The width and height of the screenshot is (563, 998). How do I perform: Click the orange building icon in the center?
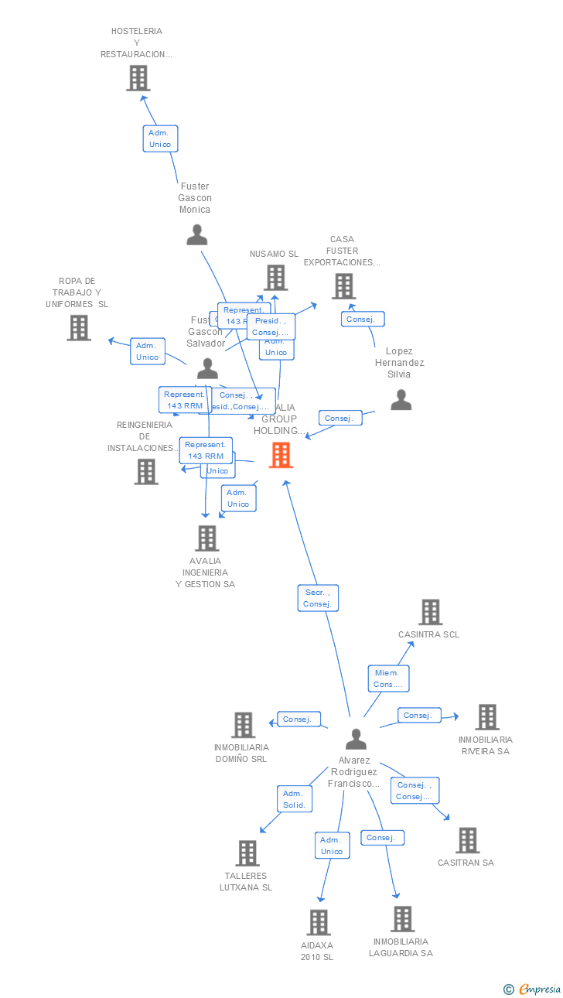coord(281,455)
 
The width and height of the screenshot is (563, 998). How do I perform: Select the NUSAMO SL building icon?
coord(275,278)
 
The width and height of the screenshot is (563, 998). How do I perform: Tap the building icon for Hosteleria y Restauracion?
coord(138,78)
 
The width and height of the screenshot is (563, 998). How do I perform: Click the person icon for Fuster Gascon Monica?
coord(197,234)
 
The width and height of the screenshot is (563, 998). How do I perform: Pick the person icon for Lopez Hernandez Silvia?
coord(401,399)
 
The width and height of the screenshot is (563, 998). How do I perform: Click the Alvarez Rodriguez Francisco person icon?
coord(356,740)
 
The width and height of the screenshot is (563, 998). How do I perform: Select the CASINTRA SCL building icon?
coord(430,612)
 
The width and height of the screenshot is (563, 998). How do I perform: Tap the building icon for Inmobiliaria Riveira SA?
coord(486,717)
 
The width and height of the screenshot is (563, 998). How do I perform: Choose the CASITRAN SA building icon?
coord(467,840)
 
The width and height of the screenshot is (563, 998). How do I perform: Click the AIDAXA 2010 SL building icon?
coord(319,922)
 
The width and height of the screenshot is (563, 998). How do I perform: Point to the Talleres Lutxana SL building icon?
coord(247,853)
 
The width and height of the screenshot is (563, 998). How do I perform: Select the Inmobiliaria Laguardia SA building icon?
coord(402,919)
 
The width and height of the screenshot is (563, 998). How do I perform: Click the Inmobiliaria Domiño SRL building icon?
coord(243,725)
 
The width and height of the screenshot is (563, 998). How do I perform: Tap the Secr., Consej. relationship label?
coord(318,598)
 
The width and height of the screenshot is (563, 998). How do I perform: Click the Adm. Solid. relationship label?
coord(294,799)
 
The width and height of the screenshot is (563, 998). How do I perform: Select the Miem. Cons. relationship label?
coord(387,678)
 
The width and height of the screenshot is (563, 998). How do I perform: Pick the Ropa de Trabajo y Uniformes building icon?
coord(78,328)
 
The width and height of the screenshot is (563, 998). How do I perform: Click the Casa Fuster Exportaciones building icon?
coord(343,286)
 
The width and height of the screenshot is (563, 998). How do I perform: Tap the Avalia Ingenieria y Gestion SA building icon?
coord(206,538)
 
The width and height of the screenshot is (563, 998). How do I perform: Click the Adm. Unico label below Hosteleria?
coord(160,138)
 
